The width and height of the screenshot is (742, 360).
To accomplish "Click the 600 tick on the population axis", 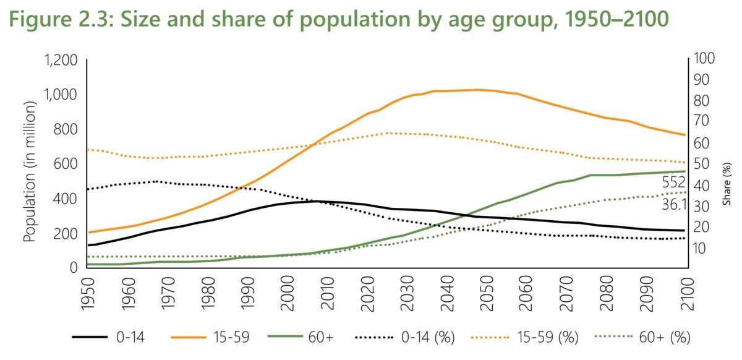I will [65, 164].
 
